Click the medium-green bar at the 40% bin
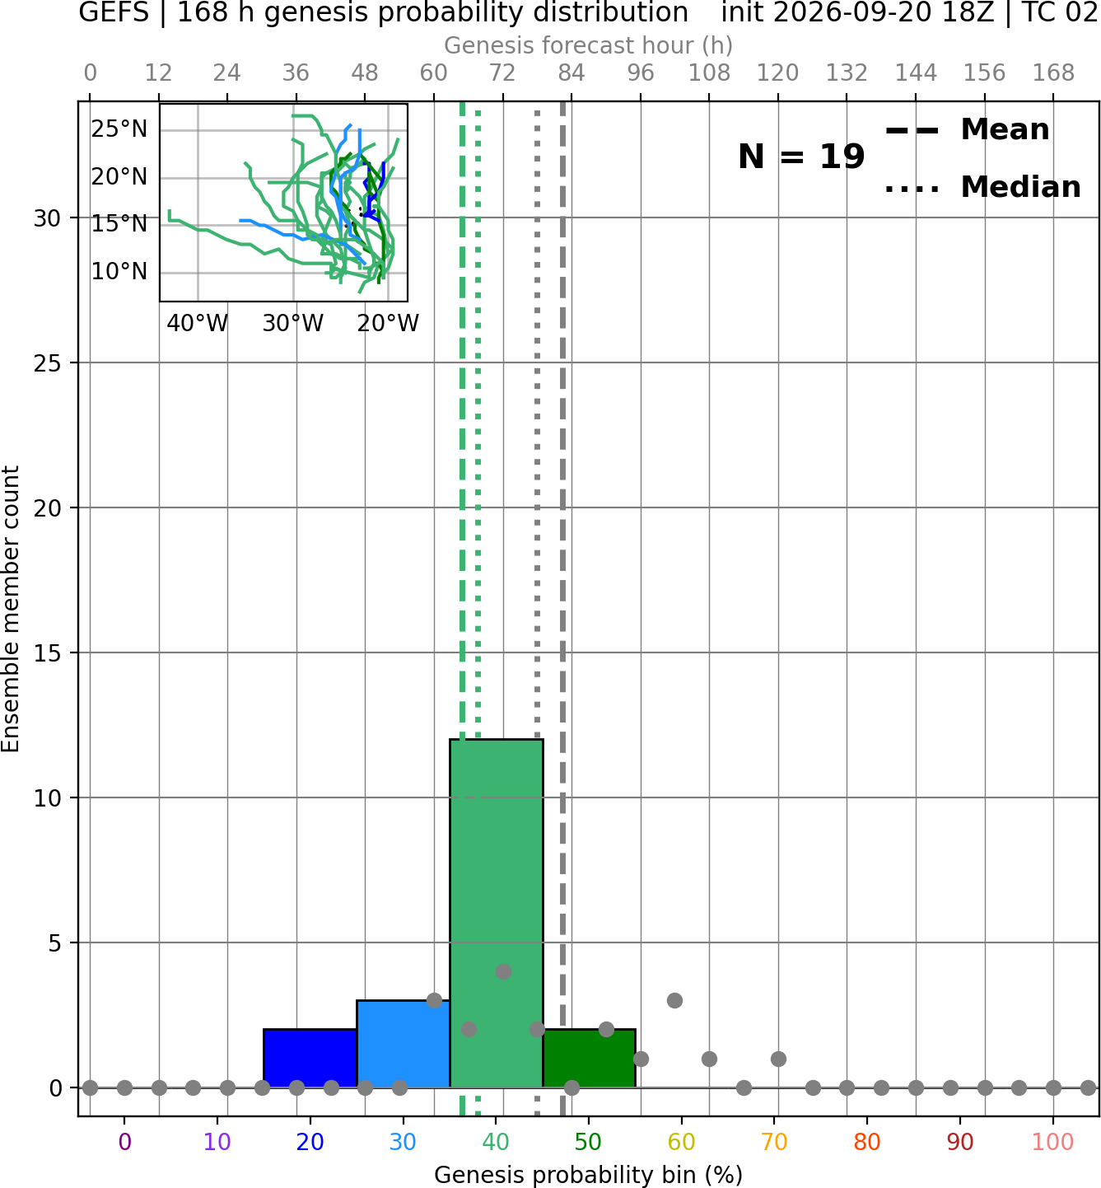pos(497,913)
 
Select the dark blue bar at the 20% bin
pos(310,1058)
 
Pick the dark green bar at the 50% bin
pos(589,1058)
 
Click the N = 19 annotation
pos(801,157)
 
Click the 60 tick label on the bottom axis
pos(682,1142)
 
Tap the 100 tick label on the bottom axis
pos(1053,1142)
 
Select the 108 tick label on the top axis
pos(709,73)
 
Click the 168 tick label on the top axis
pos(1053,73)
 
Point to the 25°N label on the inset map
pos(119,129)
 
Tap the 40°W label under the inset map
pos(198,323)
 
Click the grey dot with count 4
pos(503,971)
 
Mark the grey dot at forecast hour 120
pos(778,1059)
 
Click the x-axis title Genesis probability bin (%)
pos(589,1175)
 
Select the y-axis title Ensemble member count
pos(11,609)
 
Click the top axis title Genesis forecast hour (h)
pos(589,45)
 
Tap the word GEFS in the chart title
pos(114,12)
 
